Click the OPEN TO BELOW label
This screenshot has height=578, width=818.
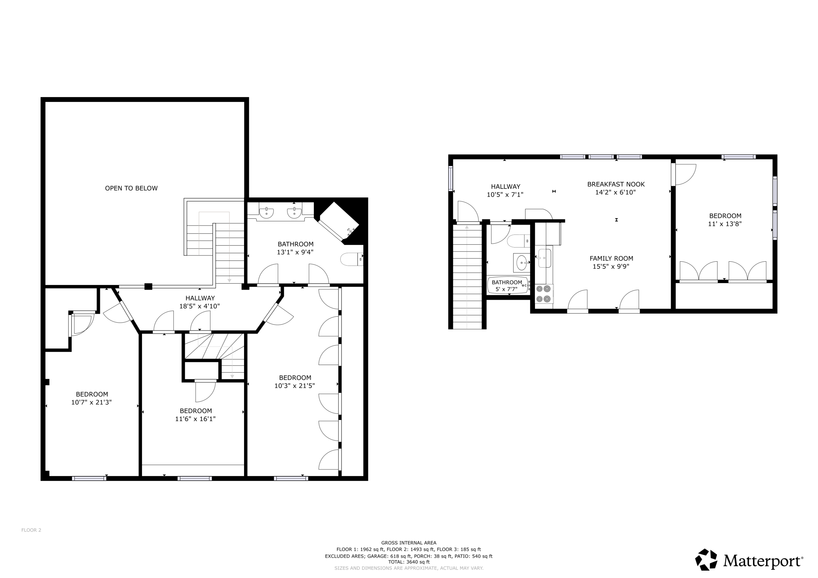[x=131, y=188]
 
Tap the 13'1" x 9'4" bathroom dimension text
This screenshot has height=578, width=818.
[x=295, y=252]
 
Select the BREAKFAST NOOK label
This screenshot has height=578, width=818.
[x=616, y=184]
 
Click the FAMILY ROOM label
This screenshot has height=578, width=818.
[x=611, y=259]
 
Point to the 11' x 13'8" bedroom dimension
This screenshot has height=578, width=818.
[x=725, y=224]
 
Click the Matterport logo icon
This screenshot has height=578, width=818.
[x=706, y=559]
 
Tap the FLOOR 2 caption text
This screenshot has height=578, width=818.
[x=31, y=530]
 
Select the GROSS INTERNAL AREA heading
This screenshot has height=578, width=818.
[x=409, y=543]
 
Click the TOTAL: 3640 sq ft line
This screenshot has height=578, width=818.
[x=409, y=562]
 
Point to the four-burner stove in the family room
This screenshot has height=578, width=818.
[x=544, y=294]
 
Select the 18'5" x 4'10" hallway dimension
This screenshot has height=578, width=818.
[x=200, y=306]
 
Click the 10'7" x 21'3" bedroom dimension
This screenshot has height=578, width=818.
[x=92, y=403]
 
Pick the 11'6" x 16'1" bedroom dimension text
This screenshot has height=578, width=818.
[x=195, y=419]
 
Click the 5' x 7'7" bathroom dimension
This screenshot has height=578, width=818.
[x=506, y=289]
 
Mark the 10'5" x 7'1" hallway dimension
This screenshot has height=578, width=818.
[x=505, y=195]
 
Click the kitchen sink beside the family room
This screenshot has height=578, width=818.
[x=545, y=258]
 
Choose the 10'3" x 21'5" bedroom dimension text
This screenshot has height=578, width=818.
[x=295, y=386]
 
